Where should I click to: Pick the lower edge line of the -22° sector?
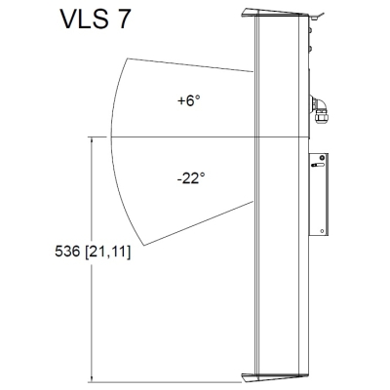coord(195,220)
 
